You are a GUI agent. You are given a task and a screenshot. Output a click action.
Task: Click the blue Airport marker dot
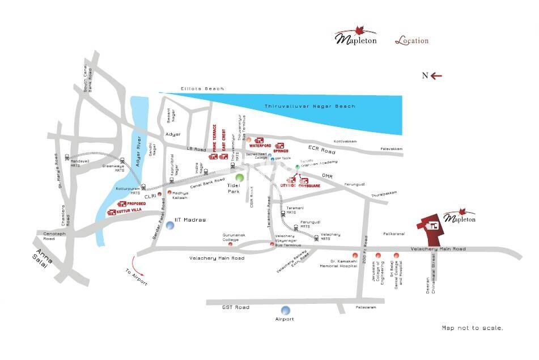click(x=285, y=310)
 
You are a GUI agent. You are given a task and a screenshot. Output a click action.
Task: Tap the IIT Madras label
click(x=190, y=219)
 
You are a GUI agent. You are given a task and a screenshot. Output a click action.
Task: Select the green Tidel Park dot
click(x=240, y=177)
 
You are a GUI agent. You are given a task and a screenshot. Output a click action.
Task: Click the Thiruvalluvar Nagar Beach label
click(x=310, y=106)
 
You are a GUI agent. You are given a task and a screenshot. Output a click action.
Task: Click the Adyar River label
click(x=136, y=153)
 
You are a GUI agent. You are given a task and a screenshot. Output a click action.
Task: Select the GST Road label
click(x=235, y=307)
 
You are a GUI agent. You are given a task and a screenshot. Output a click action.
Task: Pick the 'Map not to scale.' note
click(x=472, y=328)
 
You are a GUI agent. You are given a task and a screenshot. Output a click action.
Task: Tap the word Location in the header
click(x=411, y=41)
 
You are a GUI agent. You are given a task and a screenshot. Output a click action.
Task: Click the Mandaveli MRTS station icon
click(x=67, y=156)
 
